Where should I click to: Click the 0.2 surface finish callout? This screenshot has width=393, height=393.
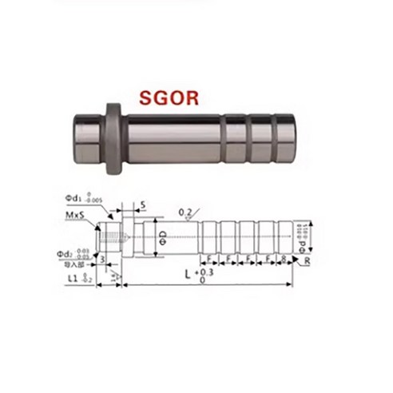coord(185,212)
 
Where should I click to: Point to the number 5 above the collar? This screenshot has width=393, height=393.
coord(142,204)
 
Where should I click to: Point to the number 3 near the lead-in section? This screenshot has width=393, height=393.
coord(105,259)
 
